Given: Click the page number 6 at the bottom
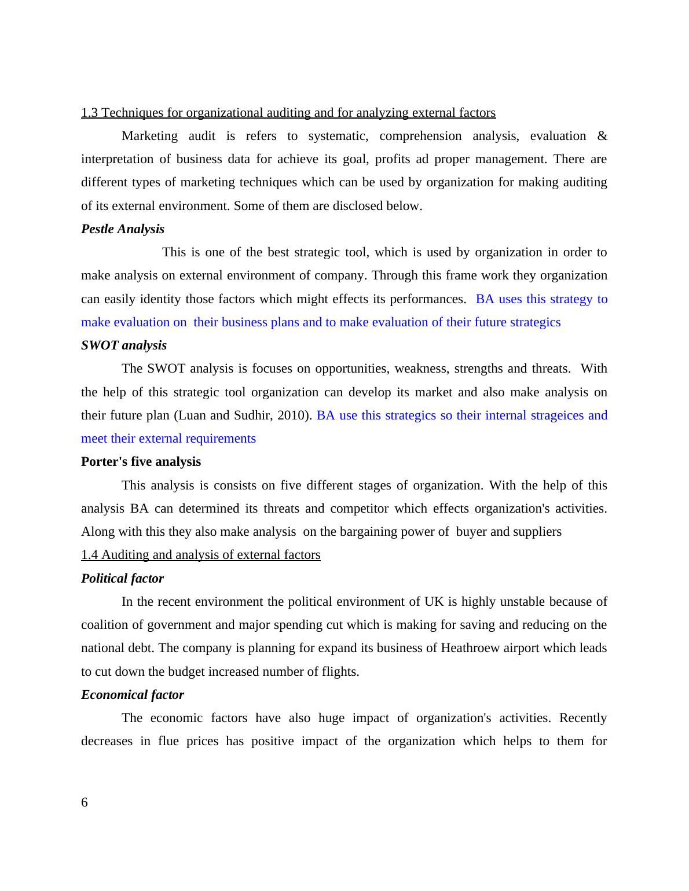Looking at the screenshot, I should click(x=85, y=802).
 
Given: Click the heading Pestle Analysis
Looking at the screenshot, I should click(x=123, y=229).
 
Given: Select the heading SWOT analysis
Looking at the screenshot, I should click(x=124, y=345).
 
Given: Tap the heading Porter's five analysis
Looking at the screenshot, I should click(x=141, y=462).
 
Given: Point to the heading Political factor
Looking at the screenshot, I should click(x=122, y=579).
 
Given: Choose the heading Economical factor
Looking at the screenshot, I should click(x=133, y=695).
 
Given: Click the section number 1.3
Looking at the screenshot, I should click(x=90, y=113).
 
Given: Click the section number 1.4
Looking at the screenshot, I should click(x=90, y=555).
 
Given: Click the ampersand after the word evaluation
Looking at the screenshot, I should click(x=602, y=136).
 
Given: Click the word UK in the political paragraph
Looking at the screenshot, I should click(x=434, y=602).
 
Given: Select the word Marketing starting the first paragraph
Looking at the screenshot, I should click(x=149, y=136).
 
